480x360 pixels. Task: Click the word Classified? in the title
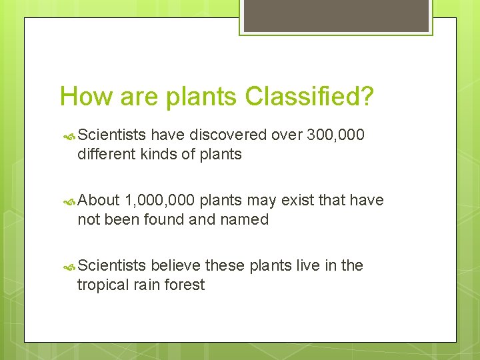[309, 97]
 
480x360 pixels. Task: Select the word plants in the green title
[201, 97]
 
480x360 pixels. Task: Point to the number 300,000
[335, 135]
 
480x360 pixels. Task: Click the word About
[99, 200]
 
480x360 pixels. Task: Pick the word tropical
[103, 285]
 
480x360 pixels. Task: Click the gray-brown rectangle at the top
[336, 15]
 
